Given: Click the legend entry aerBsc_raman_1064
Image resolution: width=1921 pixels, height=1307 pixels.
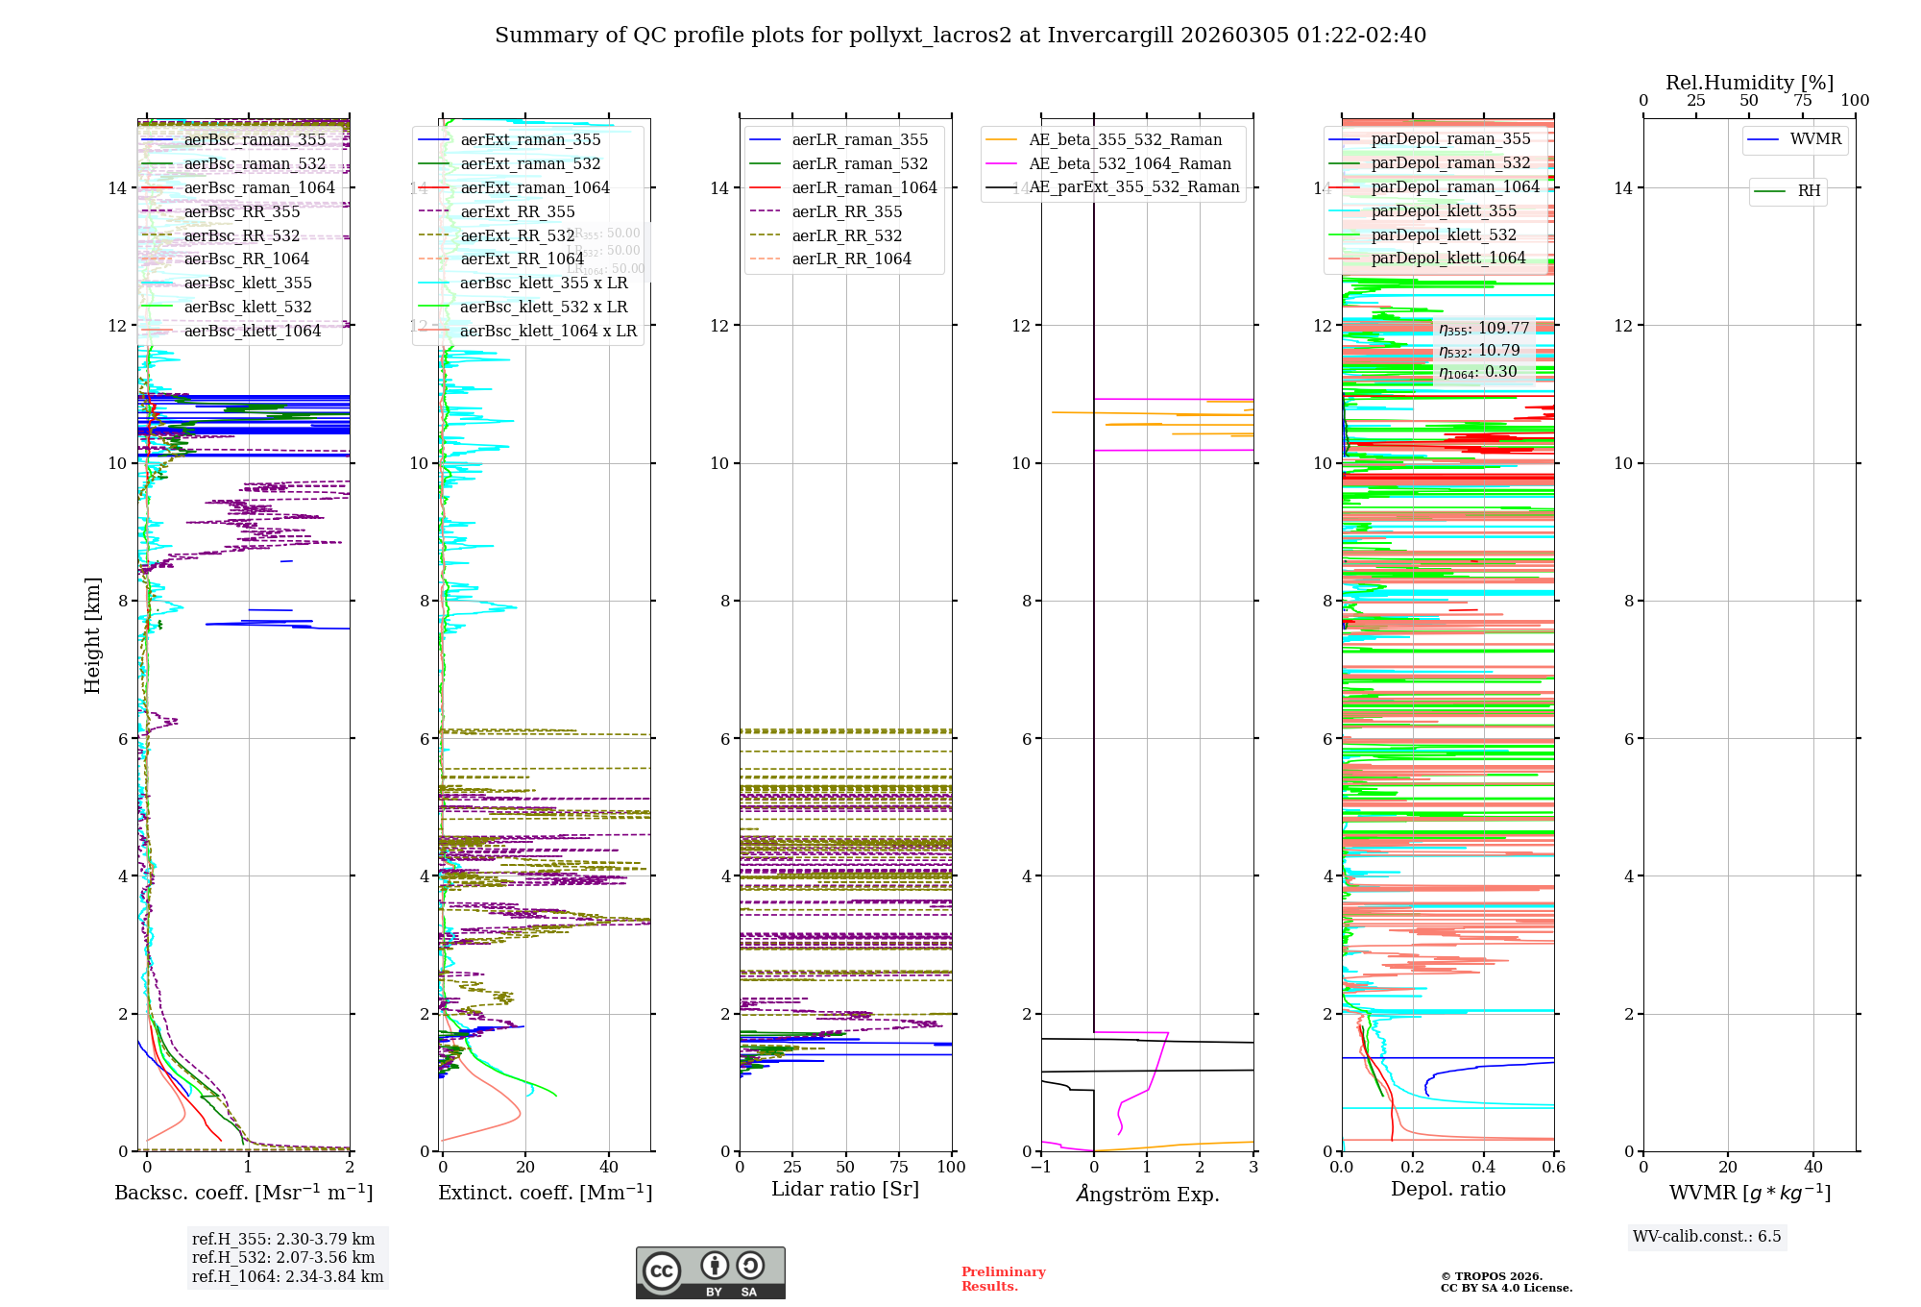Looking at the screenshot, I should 259,187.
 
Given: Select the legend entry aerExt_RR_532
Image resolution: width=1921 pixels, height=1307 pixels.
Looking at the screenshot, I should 518,235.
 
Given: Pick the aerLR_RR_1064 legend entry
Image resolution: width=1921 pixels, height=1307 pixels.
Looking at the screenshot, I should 851,259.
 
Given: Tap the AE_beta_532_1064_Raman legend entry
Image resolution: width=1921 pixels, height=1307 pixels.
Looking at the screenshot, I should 1130,163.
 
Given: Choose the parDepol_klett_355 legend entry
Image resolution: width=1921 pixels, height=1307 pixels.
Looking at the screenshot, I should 1444,210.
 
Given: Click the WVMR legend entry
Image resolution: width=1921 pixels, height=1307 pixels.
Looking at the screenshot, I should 1815,139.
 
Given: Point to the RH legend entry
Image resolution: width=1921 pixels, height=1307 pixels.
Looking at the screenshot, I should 1809,191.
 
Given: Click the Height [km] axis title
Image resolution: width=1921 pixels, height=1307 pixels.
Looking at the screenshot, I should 92,635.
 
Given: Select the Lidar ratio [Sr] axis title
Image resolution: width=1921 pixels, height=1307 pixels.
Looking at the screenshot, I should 845,1189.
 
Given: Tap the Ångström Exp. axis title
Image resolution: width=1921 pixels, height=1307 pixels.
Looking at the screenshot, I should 1147,1194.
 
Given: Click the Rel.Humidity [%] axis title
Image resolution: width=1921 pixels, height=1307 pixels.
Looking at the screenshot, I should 1749,83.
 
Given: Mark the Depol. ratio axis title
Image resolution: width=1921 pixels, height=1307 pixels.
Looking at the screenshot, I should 1447,1189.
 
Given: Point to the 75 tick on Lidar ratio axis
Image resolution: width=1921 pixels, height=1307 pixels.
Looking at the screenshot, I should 899,1167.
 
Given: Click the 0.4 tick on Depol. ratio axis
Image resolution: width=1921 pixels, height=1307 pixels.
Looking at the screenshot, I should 1483,1167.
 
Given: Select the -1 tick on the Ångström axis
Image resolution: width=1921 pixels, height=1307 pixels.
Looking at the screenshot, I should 1040,1167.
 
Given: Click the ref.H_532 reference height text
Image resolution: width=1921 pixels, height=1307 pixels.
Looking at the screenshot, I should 283,1257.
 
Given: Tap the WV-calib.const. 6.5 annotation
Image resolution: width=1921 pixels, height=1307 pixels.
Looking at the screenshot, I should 1707,1236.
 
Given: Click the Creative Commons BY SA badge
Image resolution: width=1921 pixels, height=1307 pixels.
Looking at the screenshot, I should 710,1272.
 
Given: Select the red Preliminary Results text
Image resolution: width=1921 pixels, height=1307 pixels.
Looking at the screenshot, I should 1003,1278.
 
